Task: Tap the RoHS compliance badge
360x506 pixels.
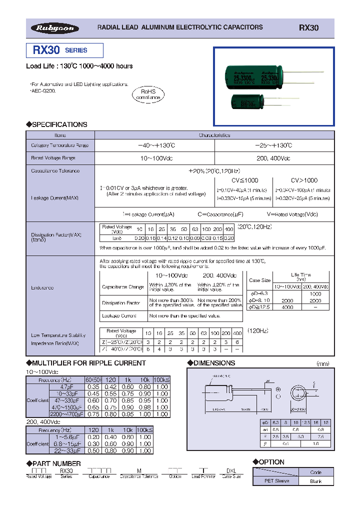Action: click(x=148, y=94)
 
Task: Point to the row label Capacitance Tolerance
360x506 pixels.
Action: click(x=55, y=170)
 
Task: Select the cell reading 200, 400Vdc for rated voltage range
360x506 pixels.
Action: click(x=273, y=157)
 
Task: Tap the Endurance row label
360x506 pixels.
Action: click(x=42, y=287)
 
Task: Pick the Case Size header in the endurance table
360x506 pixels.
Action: click(x=259, y=280)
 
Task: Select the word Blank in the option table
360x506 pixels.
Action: click(x=315, y=481)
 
